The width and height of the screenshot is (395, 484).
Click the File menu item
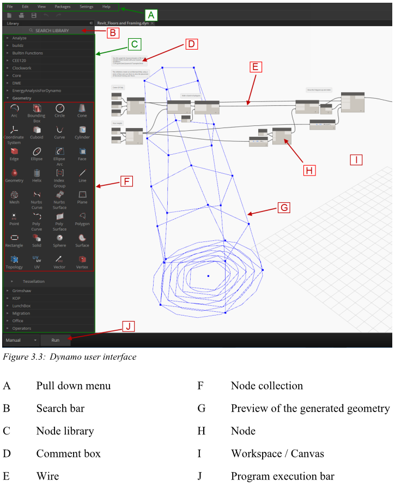10,7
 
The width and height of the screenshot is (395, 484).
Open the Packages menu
63,7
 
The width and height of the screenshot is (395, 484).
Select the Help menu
106,7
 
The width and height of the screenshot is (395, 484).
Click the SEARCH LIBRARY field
52,31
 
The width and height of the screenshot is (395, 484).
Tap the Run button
56,340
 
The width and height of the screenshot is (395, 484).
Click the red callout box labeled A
151,15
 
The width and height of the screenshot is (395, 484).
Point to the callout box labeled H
309,170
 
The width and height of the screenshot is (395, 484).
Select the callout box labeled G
283,208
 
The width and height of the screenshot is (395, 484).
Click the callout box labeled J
128,326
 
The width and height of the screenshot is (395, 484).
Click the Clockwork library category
22,68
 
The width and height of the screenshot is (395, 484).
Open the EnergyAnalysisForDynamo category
37,90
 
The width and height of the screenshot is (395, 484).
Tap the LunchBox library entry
22,306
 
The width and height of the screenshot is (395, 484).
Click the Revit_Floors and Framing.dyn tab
123,24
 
